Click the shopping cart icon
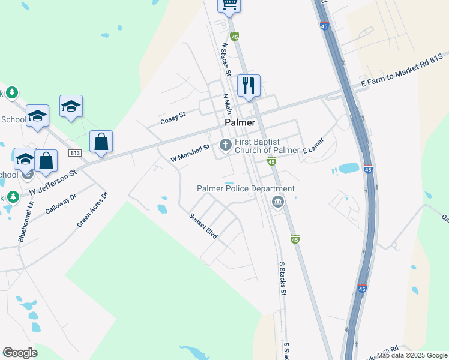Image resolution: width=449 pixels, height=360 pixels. tap(229, 5)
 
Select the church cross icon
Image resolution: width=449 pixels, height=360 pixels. tap(226, 144)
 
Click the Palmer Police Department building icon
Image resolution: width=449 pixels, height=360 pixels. tap(277, 201)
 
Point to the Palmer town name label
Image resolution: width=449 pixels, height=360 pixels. tap(240, 122)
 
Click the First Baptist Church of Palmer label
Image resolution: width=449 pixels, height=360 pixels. tap(267, 146)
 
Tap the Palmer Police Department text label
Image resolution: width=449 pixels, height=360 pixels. tap(246, 188)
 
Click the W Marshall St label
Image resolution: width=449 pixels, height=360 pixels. tap(190, 153)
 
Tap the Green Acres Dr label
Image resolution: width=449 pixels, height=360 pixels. tap(92, 210)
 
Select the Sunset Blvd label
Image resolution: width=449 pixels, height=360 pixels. tap(203, 226)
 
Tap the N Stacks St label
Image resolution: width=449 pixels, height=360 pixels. tap(226, 59)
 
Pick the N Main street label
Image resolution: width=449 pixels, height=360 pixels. tap(227, 104)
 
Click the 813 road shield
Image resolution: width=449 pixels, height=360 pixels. tap(75, 153)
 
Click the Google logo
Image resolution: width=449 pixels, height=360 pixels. tap(20, 353)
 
